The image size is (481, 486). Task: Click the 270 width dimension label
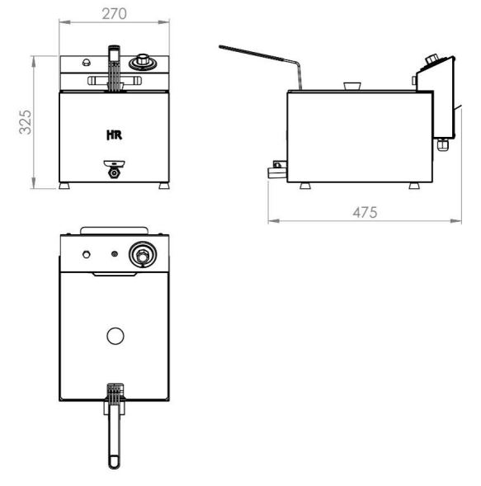114,14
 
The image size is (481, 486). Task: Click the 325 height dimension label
25,122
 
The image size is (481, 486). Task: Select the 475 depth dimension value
365,212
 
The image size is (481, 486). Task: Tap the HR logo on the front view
115,134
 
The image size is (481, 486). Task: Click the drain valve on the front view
115,169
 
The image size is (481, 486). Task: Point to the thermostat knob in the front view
143,62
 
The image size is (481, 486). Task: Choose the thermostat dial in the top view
143,254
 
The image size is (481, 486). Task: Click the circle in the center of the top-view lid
116,336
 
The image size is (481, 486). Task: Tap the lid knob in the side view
352,86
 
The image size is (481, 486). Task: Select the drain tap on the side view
277,169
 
